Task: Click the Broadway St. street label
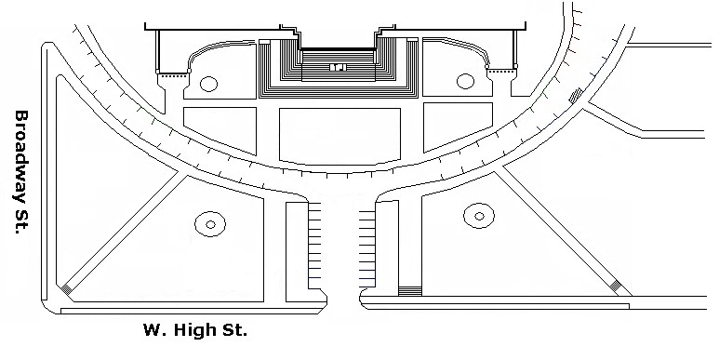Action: click(21, 172)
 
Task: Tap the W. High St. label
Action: click(195, 329)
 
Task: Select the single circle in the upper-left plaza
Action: click(208, 84)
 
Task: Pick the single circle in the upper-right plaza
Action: click(465, 81)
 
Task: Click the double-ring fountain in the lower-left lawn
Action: click(210, 224)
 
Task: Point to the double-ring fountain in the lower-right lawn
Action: click(479, 216)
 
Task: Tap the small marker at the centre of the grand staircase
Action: click(338, 67)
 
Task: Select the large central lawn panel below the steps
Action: click(340, 136)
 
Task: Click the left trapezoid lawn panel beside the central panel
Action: click(220, 128)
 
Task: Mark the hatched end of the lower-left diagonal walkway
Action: click(67, 289)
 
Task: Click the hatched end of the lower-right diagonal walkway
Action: click(616, 286)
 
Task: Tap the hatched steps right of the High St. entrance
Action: click(410, 291)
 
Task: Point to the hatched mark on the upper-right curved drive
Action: click(576, 95)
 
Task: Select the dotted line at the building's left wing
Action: click(173, 72)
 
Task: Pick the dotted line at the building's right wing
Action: click(500, 70)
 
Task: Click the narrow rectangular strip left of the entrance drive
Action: click(297, 252)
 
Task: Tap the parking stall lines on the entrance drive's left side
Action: click(314, 245)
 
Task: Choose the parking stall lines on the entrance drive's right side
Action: click(367, 249)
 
